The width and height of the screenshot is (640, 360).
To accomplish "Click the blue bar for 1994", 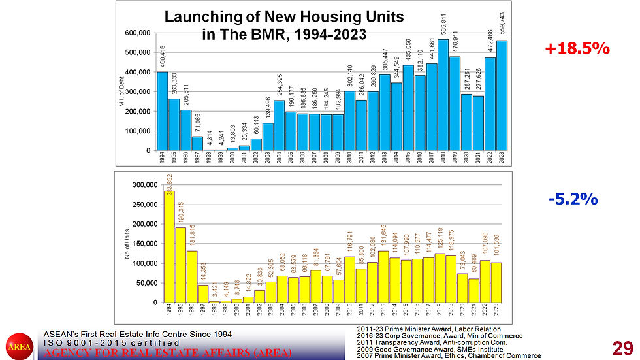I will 163,111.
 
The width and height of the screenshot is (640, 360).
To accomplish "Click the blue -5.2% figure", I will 573,199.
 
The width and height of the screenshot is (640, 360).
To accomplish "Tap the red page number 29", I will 622,347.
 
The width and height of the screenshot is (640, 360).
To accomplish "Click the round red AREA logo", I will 20,347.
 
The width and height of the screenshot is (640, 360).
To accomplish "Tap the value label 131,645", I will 383,236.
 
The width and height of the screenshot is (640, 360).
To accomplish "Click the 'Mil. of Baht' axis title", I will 121,91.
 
